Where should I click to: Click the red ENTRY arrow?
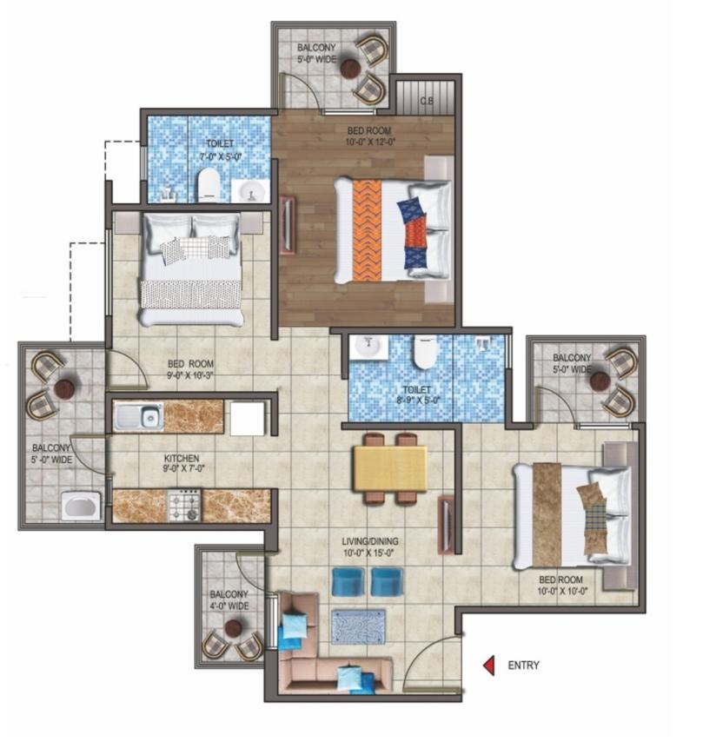[489, 666]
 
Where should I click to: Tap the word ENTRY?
[522, 666]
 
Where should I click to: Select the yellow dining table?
[389, 468]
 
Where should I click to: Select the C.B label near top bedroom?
[427, 102]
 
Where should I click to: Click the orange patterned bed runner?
[367, 230]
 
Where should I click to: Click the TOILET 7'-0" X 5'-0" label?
[219, 149]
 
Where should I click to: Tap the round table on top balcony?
[350, 69]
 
